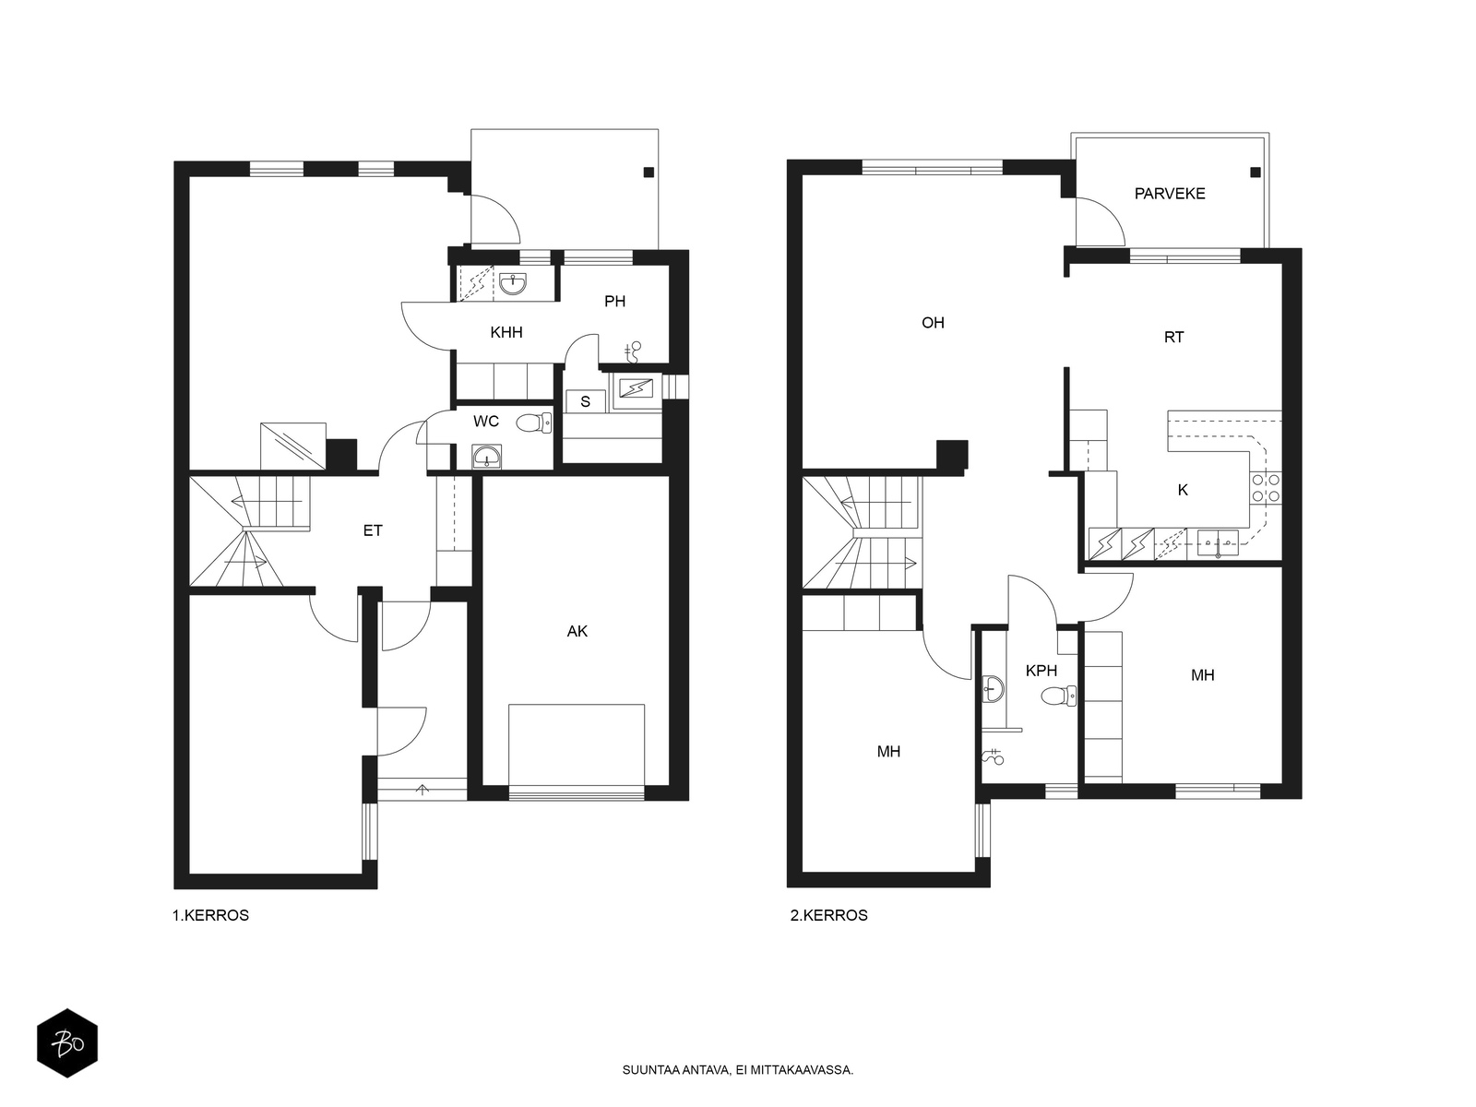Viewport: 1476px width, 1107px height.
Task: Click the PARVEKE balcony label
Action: tap(1170, 194)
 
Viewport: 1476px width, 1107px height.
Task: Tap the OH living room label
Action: tap(933, 323)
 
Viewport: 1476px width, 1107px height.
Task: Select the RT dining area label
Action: tap(1173, 338)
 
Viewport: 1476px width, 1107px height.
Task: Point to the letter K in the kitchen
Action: tap(1183, 490)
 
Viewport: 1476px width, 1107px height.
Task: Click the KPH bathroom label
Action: tap(1041, 670)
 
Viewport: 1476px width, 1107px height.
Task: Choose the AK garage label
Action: tap(577, 631)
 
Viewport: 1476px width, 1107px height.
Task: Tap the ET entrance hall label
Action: tap(373, 530)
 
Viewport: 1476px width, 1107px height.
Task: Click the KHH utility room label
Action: tap(506, 332)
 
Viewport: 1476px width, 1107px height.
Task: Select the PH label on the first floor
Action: tap(614, 301)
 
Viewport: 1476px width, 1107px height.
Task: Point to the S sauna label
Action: tap(585, 402)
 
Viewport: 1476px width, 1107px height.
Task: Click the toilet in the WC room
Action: tap(534, 423)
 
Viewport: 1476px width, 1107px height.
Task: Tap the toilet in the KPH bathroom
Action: tap(1058, 696)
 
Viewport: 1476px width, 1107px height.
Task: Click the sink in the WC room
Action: tap(485, 457)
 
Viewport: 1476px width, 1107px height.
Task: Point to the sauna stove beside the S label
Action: tap(636, 387)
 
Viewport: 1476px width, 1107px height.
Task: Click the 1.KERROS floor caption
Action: tap(210, 915)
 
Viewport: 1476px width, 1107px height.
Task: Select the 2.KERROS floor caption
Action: tap(828, 915)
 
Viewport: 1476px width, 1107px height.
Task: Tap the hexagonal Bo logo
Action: tap(67, 1043)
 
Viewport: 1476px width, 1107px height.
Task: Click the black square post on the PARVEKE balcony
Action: tap(1255, 173)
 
